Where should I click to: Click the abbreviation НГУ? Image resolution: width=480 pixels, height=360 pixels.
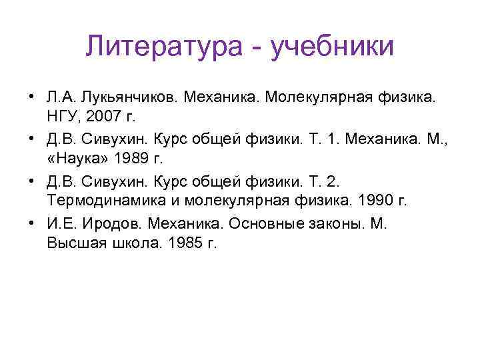coord(63,117)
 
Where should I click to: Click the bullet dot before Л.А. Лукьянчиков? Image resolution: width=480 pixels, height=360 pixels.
coord(31,98)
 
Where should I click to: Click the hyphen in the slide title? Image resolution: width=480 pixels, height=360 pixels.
coord(259,48)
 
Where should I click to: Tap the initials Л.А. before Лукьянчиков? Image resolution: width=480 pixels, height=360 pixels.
coord(61,98)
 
